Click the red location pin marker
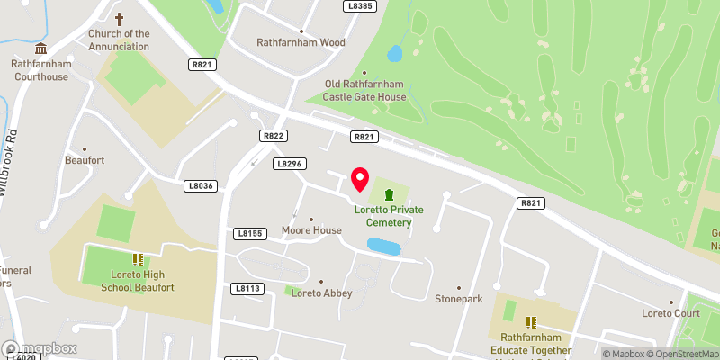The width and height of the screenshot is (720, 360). point(360,178)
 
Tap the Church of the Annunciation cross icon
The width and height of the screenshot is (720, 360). point(119,18)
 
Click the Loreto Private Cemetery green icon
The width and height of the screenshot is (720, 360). point(389,195)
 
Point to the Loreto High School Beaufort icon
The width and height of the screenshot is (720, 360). point(138,259)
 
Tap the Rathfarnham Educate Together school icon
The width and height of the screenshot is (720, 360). point(531,321)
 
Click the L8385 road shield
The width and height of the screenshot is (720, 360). point(359,5)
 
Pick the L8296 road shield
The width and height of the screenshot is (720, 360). point(288,164)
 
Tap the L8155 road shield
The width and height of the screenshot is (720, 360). point(249,234)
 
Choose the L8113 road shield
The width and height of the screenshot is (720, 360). point(247,288)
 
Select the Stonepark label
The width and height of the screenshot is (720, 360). point(459,298)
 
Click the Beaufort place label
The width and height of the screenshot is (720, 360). point(85,160)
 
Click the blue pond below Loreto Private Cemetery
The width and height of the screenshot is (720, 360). point(383,245)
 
